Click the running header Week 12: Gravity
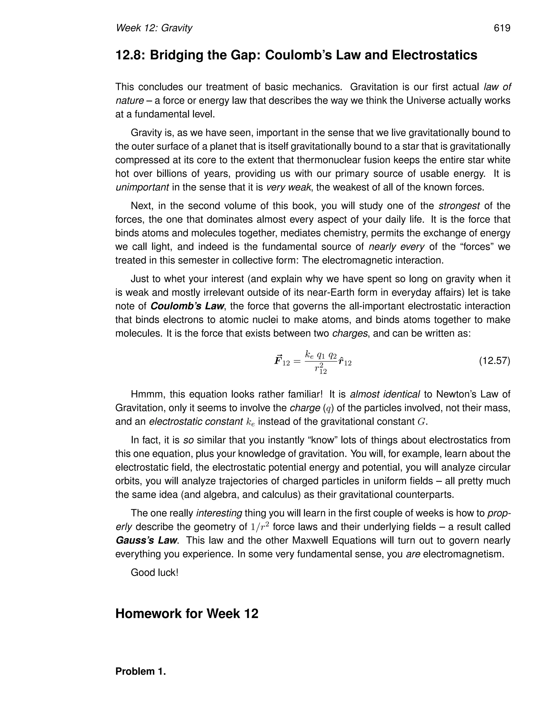point(154,28)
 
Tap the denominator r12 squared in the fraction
point(320,368)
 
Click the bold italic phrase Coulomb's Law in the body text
point(187,306)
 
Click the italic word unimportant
point(142,188)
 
